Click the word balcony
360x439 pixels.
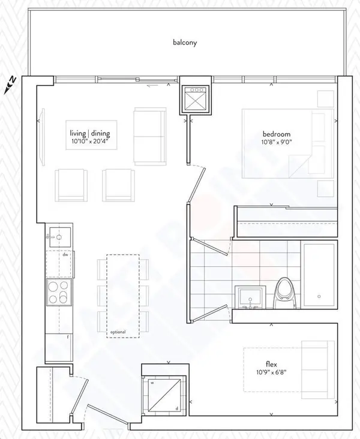point(184,43)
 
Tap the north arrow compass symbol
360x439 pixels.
point(10,84)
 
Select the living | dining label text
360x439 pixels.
point(92,134)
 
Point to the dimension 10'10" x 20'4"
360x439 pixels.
point(92,143)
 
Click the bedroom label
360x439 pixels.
point(276,134)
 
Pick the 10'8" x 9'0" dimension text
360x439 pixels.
point(276,143)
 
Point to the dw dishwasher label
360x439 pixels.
point(65,254)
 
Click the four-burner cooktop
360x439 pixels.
point(59,292)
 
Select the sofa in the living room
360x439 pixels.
point(150,137)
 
